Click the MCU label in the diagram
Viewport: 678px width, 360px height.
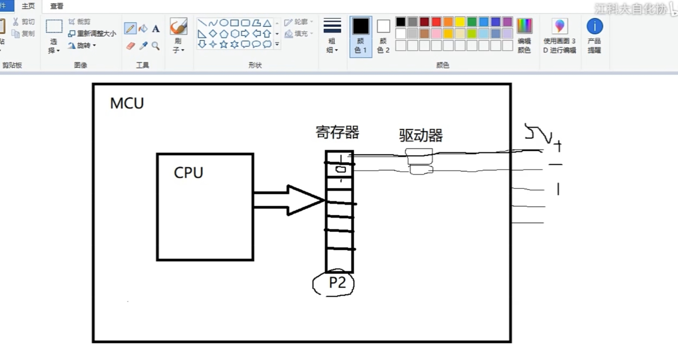pos(127,103)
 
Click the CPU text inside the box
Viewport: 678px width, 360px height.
pos(188,172)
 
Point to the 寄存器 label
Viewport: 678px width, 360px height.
pos(337,133)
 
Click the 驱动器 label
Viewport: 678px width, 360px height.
pos(421,135)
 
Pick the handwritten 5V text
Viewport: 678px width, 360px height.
pos(538,133)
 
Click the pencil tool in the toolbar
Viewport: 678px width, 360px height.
pos(130,28)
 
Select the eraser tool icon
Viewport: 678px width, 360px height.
pos(130,46)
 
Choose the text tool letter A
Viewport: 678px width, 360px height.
pos(156,28)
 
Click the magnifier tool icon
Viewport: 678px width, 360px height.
pos(155,46)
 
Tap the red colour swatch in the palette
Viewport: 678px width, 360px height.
pos(436,22)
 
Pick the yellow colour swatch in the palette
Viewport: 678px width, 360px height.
pos(460,22)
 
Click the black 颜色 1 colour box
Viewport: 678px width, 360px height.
pos(361,26)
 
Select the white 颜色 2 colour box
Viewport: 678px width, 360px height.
pos(383,26)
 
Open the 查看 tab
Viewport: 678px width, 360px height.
pos(57,6)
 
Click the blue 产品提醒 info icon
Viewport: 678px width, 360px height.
pos(595,26)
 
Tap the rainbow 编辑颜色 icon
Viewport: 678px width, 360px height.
pos(524,26)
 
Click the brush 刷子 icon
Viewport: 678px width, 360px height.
pos(178,26)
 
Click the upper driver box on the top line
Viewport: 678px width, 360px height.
pos(419,156)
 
